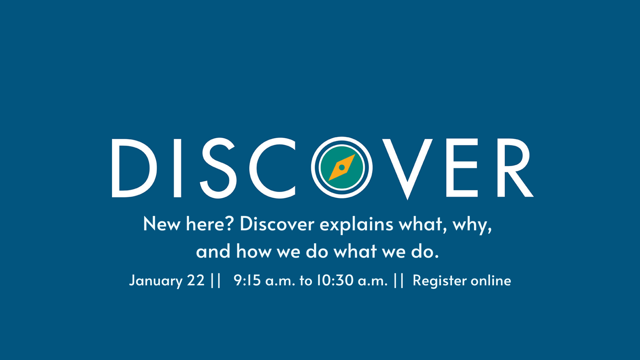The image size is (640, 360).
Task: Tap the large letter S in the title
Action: (x=218, y=168)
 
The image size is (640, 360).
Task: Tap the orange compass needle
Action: (x=342, y=167)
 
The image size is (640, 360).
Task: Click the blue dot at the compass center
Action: (x=342, y=167)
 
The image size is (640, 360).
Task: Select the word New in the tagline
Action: (x=162, y=224)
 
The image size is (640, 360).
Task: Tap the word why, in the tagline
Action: (x=472, y=225)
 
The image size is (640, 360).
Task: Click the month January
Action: (x=156, y=281)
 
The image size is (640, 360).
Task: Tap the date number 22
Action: (x=196, y=280)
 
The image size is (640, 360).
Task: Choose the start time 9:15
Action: (x=247, y=280)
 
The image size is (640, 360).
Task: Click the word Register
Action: (x=439, y=281)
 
